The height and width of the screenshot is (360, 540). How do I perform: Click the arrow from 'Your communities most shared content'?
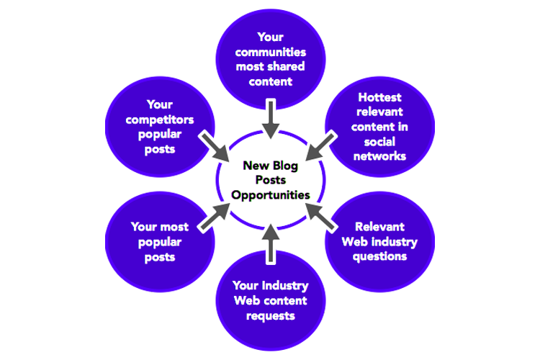pyautogui.click(x=270, y=119)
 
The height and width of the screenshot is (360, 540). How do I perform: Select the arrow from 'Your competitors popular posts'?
pyautogui.click(x=215, y=147)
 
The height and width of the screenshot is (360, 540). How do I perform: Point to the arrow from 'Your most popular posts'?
pyautogui.click(x=215, y=217)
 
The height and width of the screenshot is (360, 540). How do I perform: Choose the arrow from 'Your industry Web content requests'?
pyautogui.click(x=270, y=241)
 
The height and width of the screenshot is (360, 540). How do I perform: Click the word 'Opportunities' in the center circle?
pyautogui.click(x=270, y=194)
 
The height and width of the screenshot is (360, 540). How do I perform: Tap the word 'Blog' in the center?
pyautogui.click(x=284, y=166)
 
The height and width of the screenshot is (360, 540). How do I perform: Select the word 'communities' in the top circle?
pyautogui.click(x=270, y=53)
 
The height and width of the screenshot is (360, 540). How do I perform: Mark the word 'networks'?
pyautogui.click(x=380, y=156)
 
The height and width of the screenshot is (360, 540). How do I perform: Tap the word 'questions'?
pyautogui.click(x=380, y=256)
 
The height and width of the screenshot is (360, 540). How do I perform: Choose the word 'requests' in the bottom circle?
pyautogui.click(x=270, y=315)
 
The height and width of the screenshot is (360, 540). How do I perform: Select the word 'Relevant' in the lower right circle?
pyautogui.click(x=380, y=227)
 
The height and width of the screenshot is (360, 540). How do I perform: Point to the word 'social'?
pyautogui.click(x=380, y=142)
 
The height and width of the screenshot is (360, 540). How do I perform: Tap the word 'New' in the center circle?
pyautogui.click(x=255, y=166)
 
